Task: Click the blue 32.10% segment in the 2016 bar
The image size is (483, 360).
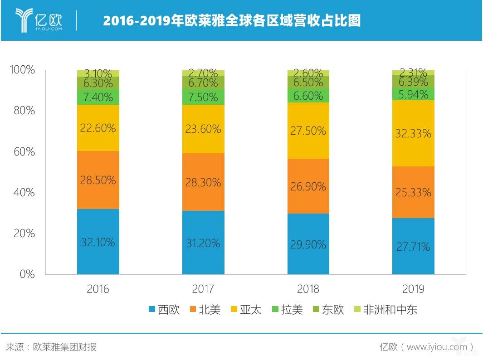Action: click(98, 242)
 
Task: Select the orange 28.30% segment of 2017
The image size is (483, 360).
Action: click(203, 182)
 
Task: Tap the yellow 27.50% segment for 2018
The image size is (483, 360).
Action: click(308, 131)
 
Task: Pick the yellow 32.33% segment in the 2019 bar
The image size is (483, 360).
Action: click(413, 133)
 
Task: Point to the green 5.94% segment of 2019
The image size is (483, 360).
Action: click(413, 94)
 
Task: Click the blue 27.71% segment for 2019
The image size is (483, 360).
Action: click(413, 246)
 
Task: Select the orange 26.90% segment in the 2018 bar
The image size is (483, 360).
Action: click(308, 186)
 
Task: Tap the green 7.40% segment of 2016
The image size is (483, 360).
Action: click(98, 97)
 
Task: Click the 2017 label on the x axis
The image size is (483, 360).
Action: click(203, 289)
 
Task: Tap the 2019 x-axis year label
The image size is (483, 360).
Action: click(413, 289)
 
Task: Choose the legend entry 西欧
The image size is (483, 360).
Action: click(164, 310)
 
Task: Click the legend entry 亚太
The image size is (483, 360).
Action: click(247, 310)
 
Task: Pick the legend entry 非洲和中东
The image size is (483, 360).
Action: click(385, 310)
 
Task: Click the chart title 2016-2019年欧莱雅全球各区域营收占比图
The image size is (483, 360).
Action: click(232, 21)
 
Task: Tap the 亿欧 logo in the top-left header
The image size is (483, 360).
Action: click(39, 20)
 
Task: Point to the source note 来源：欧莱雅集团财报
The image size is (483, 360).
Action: click(51, 347)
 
